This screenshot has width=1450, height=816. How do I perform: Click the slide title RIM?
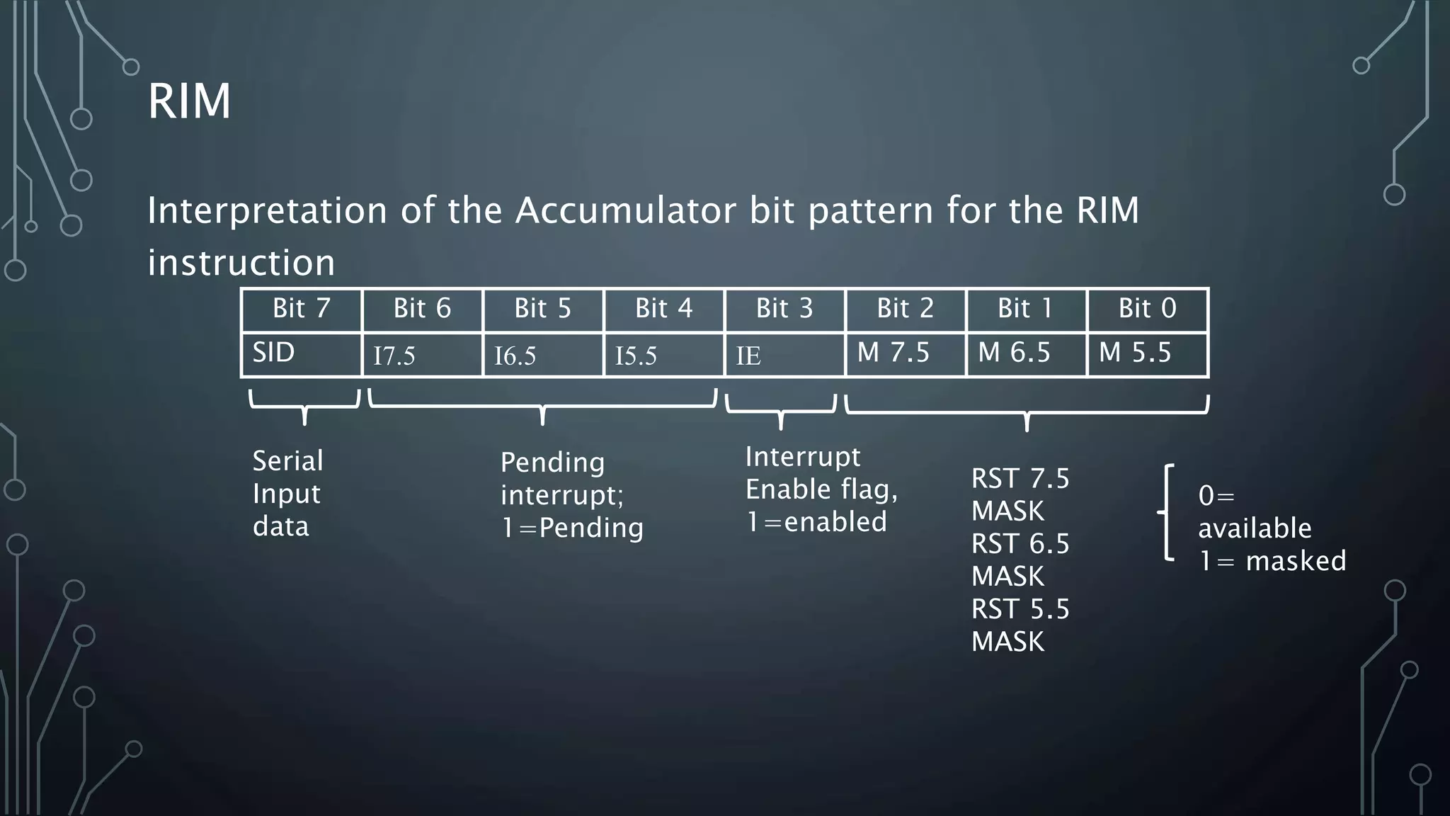pos(189,101)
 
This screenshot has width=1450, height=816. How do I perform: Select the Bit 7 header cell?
pos(302,309)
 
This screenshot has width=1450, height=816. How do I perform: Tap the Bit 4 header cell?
pos(663,309)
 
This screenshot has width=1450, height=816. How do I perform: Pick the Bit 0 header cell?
pos(1147,309)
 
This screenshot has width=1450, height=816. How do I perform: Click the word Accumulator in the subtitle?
pos(625,210)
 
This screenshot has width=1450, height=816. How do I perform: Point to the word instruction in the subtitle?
pos(241,263)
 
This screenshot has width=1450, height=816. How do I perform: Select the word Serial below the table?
pos(287,461)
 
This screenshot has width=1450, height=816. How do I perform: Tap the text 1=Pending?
pos(572,528)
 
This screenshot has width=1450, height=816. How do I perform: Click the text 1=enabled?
pos(816,522)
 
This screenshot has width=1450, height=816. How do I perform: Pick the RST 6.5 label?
pos(1020,544)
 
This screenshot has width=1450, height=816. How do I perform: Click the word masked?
pos(1296,561)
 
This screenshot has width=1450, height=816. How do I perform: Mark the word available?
pos(1255,528)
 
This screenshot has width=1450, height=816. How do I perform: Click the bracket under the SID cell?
pos(304,406)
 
